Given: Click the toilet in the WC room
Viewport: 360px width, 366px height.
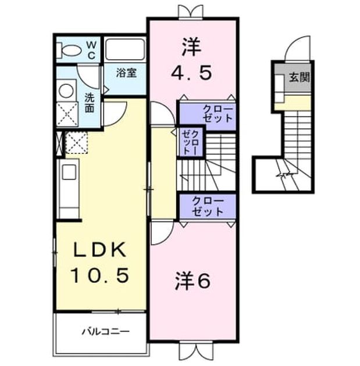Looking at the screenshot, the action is click(x=69, y=50).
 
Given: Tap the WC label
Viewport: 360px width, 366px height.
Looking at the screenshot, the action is click(x=91, y=50).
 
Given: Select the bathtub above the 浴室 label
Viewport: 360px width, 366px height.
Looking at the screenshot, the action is click(x=124, y=49).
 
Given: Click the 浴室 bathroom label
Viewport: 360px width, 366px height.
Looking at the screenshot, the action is click(x=126, y=73).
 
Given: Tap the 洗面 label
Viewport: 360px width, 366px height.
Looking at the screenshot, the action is click(x=89, y=103).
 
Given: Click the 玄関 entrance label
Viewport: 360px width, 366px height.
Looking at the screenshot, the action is click(x=300, y=77).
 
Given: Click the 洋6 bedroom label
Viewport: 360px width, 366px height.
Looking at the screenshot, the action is click(x=193, y=281).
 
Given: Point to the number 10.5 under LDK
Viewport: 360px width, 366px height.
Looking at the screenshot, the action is click(x=100, y=275).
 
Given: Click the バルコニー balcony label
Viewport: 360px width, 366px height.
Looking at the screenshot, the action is click(x=105, y=331).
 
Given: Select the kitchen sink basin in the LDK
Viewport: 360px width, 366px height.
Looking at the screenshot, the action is click(x=69, y=172).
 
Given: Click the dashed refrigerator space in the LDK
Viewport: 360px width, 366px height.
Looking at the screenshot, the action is click(x=76, y=142).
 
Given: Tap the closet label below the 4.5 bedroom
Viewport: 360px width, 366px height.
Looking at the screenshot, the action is click(x=218, y=114).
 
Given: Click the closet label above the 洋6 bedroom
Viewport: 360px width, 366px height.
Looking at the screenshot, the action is click(x=208, y=206).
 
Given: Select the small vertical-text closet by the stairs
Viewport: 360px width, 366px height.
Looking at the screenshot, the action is click(x=190, y=142).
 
